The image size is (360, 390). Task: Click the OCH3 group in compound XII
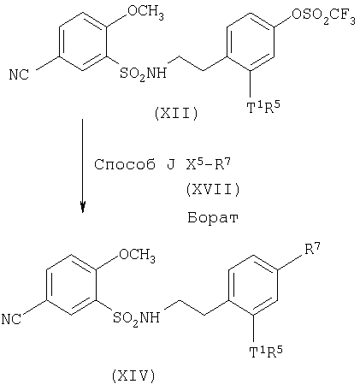tap(145, 13)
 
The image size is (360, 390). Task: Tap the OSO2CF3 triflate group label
tap(323, 15)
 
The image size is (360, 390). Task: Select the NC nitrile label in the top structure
tap(19, 75)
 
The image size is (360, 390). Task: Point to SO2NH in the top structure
tap(143, 74)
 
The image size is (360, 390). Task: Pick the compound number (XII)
tap(176, 115)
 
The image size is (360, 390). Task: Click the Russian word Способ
tap(125, 164)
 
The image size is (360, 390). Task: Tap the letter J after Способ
tap(170, 165)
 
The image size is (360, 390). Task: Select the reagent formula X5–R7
tap(208, 163)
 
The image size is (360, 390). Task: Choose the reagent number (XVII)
tap(213, 190)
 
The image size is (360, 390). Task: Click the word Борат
tap(213, 217)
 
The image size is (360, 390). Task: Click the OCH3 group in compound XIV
tap(137, 254)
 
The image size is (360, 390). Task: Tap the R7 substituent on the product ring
tap(313, 249)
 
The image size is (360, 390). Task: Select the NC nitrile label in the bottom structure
tap(11, 319)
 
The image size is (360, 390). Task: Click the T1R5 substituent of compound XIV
tap(266, 352)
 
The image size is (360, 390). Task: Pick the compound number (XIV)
tap(133, 376)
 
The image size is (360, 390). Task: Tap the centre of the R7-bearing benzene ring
tap(253, 286)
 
